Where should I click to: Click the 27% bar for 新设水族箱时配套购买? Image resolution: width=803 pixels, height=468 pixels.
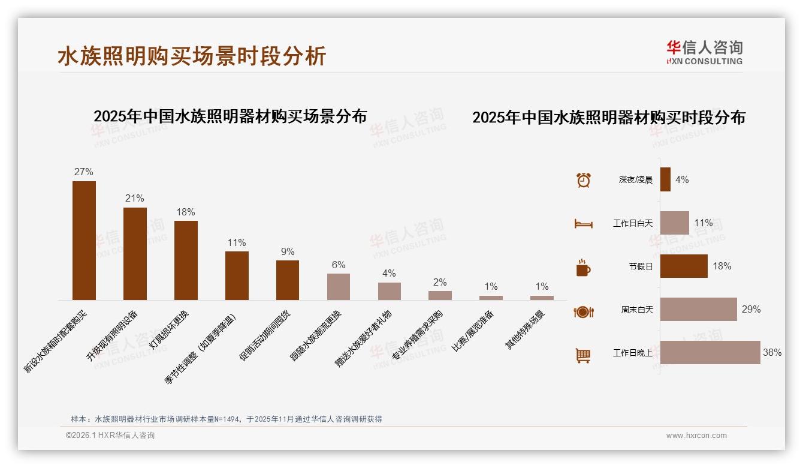tap(84, 240)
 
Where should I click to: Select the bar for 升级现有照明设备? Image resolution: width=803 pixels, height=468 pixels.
tap(135, 253)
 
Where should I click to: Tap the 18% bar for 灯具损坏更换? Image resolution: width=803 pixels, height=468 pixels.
tap(186, 260)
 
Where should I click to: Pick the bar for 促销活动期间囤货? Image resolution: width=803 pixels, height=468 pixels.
tap(288, 280)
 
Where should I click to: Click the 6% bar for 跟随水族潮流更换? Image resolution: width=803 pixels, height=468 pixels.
tap(339, 287)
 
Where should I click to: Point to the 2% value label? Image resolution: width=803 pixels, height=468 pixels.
tap(440, 282)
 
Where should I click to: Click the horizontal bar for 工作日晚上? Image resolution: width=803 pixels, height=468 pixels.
tap(710, 352)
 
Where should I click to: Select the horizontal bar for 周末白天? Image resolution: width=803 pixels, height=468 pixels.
tap(698, 309)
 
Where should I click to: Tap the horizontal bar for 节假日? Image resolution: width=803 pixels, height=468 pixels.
tap(684, 266)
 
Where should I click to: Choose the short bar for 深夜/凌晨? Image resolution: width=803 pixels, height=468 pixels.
tap(665, 179)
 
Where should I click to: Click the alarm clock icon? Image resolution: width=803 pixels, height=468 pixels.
tap(583, 180)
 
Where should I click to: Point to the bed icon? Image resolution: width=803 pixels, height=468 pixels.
tap(583, 224)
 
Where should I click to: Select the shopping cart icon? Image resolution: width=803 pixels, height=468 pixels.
tap(583, 355)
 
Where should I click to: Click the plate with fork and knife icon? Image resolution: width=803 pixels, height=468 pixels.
tap(583, 311)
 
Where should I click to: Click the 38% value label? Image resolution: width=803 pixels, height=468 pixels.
tap(772, 353)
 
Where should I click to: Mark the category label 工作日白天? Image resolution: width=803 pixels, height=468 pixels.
tap(632, 223)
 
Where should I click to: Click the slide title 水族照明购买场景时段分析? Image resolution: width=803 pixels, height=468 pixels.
tap(192, 56)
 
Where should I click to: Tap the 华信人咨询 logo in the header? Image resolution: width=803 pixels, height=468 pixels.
tap(704, 52)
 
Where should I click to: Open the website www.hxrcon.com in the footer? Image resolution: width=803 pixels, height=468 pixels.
tap(696, 436)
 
